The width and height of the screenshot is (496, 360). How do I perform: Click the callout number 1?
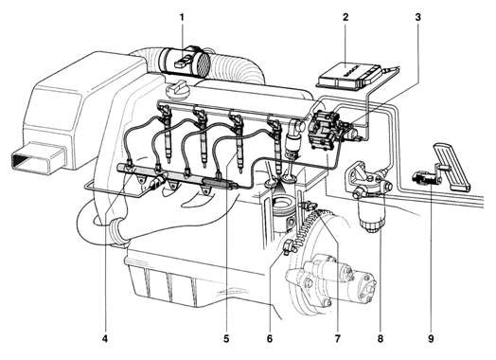tap(183, 16)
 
